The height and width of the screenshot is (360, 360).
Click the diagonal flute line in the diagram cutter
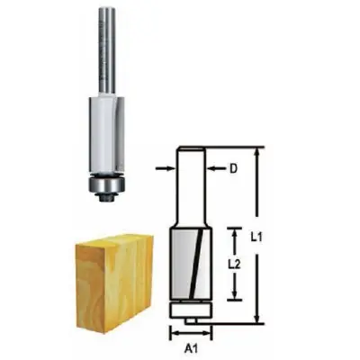pyautogui.click(x=187, y=265)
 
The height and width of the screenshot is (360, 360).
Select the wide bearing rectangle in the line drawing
pyautogui.click(x=187, y=309)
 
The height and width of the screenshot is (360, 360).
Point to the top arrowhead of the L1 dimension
pyautogui.click(x=257, y=153)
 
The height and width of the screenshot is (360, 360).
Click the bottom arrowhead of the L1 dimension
pyautogui.click(x=257, y=319)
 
